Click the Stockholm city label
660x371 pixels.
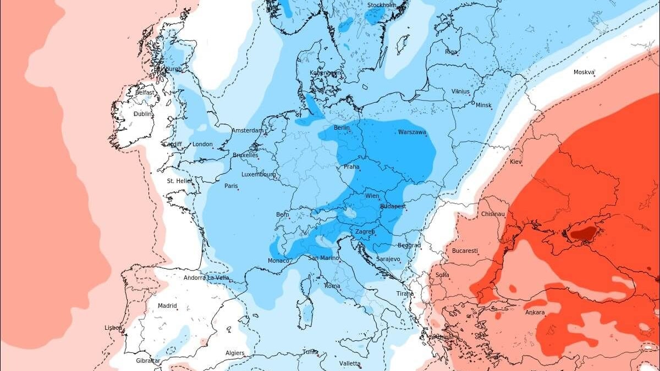[381, 5]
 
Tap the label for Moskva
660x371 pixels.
[584, 72]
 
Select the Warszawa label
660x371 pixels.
[412, 132]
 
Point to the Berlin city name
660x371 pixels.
[342, 128]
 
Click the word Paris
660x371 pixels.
[231, 186]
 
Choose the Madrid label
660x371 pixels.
[167, 306]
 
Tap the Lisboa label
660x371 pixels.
[113, 328]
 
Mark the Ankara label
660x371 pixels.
[535, 313]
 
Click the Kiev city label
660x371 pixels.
[516, 162]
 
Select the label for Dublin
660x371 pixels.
[142, 114]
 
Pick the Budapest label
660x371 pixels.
[393, 207]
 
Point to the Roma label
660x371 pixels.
[332, 286]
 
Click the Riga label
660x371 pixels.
[451, 52]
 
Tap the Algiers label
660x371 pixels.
[235, 353]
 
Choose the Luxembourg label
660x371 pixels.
[258, 174]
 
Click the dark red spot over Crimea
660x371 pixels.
[582, 234]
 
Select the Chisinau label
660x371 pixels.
[493, 214]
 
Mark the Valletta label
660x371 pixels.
[350, 363]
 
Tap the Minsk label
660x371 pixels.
[483, 105]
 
